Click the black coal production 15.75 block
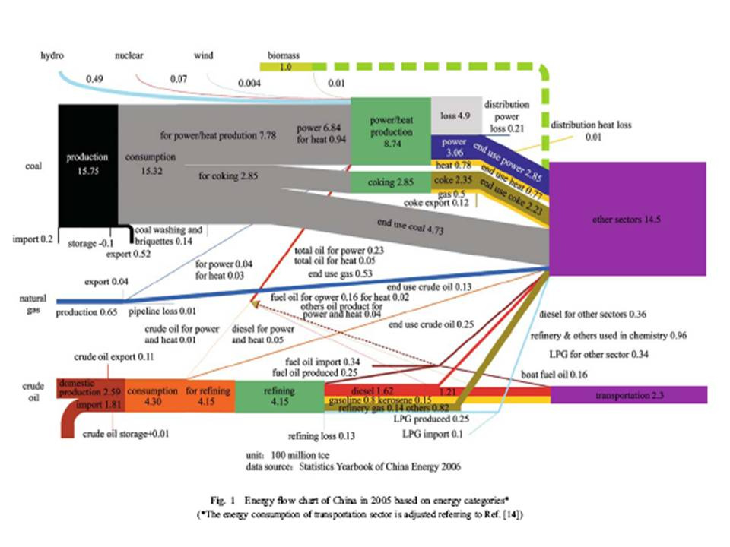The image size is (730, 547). point(87,163)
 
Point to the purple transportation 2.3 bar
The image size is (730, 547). point(629,395)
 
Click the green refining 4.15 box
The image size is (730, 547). point(280,396)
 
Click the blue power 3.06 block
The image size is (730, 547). point(454,146)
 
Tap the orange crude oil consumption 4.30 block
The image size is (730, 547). point(153,396)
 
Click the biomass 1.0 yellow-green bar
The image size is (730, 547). point(286,68)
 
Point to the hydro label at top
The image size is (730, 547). point(52,56)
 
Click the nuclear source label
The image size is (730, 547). point(129,56)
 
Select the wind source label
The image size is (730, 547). point(203,56)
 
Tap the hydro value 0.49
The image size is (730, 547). point(94,79)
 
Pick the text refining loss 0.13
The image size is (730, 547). point(321,436)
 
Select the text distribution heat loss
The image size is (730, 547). point(591,125)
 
